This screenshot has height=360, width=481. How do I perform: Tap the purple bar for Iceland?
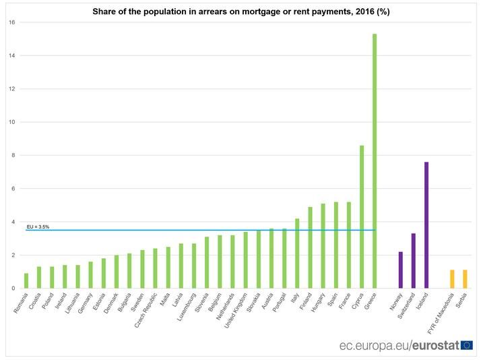pyautogui.click(x=426, y=225)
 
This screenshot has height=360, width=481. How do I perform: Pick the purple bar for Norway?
pyautogui.click(x=400, y=270)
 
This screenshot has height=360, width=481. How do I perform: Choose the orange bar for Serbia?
pyautogui.click(x=465, y=279)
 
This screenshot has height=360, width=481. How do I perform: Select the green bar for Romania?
pyautogui.click(x=26, y=281)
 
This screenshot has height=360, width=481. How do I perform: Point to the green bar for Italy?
pyautogui.click(x=297, y=253)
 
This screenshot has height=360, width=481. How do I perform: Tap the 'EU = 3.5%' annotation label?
pyautogui.click(x=38, y=227)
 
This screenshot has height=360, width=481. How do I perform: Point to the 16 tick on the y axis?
pyautogui.click(x=11, y=22)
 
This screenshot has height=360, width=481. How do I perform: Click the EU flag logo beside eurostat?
pyautogui.click(x=467, y=345)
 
